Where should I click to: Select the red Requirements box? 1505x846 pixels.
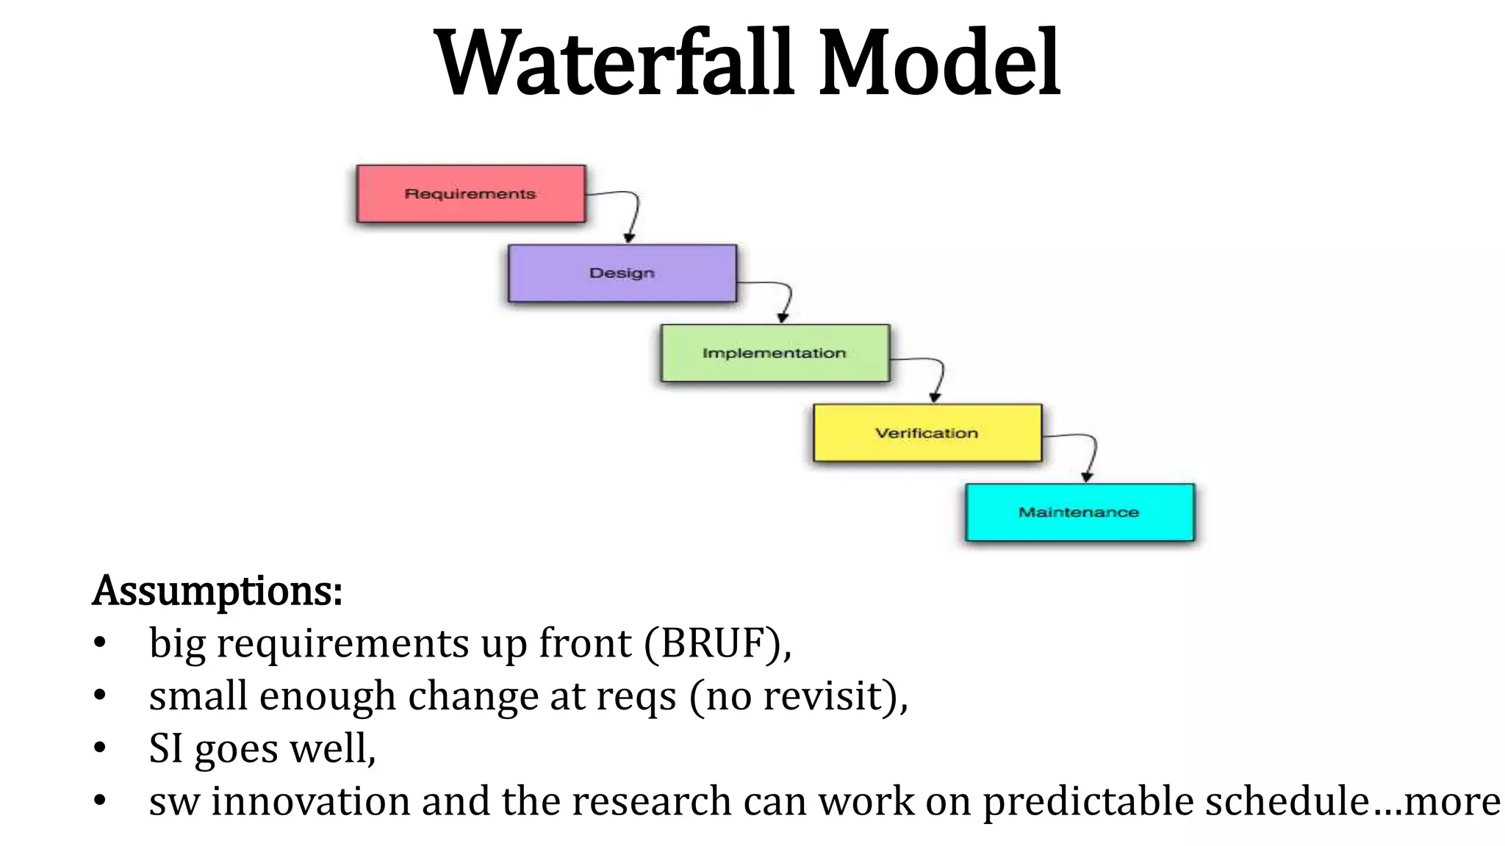coord(471,194)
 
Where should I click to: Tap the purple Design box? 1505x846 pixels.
coord(622,273)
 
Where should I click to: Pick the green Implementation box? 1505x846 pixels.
coord(775,353)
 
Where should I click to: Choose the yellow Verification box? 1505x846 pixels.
coord(927,433)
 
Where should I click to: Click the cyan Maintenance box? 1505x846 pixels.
coord(1079,513)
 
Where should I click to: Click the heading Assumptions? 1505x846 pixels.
coord(218,590)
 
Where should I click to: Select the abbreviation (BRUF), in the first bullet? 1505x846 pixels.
coord(718,643)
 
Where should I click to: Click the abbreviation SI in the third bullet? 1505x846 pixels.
coord(165,749)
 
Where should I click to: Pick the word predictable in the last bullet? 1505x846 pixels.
coord(1088,801)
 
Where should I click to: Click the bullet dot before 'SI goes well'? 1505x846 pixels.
coord(101,749)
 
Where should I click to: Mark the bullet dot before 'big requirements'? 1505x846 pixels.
coord(101,643)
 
